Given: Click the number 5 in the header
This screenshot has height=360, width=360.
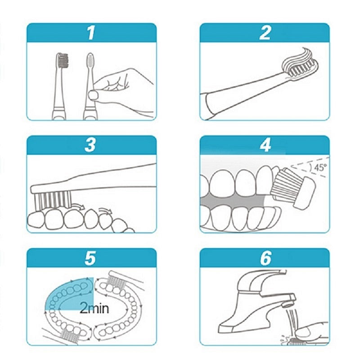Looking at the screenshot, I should tap(92, 258).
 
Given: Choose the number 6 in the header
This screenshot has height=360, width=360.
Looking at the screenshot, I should tap(265, 258).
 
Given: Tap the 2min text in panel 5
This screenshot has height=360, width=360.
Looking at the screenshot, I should tap(94, 309).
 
